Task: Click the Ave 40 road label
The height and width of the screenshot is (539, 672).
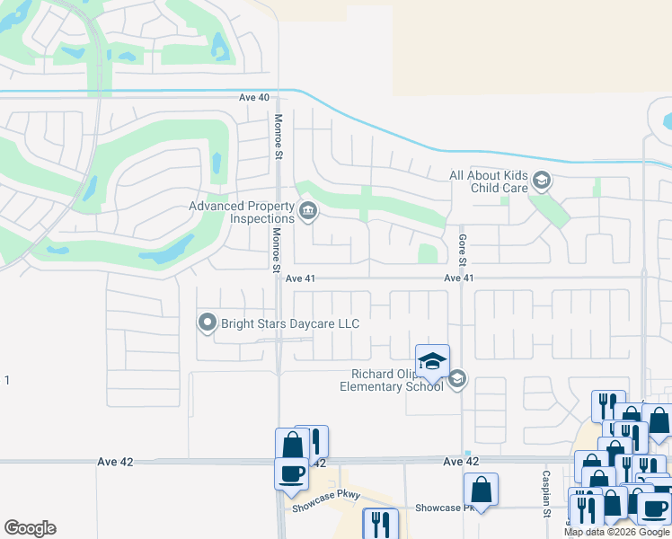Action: click(x=254, y=97)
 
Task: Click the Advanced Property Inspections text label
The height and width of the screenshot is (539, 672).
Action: click(x=242, y=212)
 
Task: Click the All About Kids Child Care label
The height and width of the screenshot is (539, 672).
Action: click(x=489, y=182)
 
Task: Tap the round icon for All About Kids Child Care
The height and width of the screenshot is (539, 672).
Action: click(x=541, y=182)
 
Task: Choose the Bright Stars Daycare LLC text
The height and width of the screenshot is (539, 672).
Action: click(x=290, y=323)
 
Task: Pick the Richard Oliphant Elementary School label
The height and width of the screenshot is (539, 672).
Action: click(x=393, y=381)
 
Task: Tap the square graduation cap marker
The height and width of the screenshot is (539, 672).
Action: click(x=432, y=361)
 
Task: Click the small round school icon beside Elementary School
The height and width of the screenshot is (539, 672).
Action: click(x=456, y=379)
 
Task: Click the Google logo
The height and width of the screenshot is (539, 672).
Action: click(x=30, y=528)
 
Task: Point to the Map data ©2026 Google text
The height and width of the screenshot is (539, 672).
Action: click(x=617, y=532)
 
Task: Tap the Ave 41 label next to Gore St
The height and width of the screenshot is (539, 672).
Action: click(x=458, y=278)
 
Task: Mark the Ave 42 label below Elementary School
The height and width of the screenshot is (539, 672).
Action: click(x=460, y=462)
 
